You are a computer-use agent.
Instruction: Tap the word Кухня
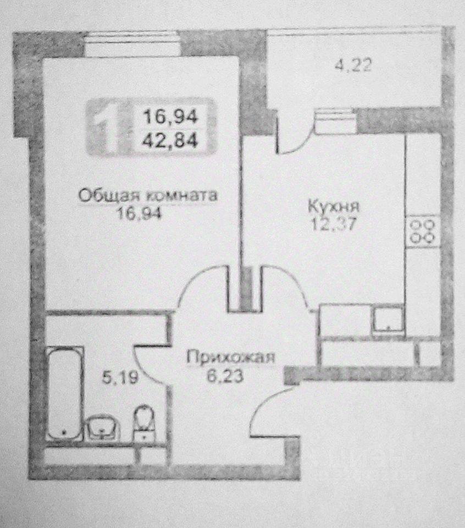[334, 207]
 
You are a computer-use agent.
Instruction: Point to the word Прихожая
[230, 358]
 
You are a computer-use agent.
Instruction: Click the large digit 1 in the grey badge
[106, 125]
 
